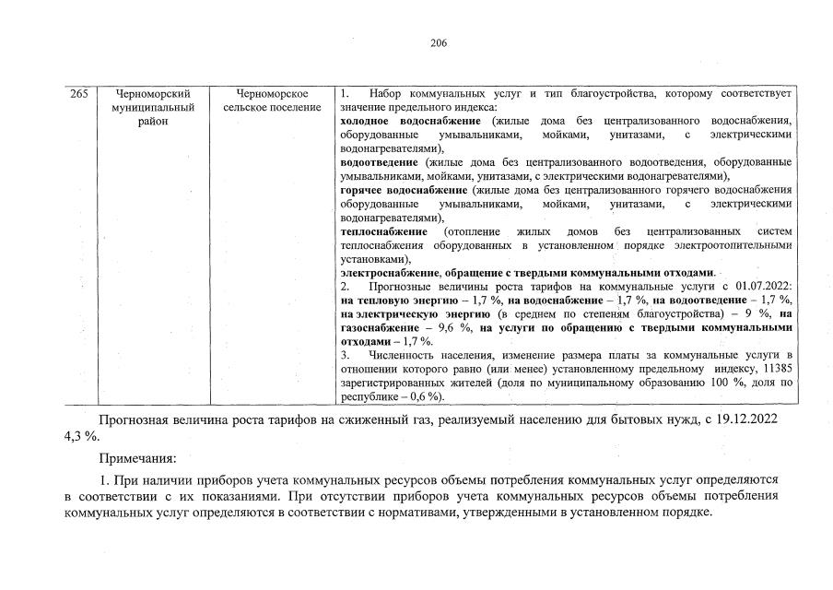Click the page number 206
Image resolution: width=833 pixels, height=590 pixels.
pyautogui.click(x=439, y=42)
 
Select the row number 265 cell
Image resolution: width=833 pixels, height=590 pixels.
pyautogui.click(x=79, y=94)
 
